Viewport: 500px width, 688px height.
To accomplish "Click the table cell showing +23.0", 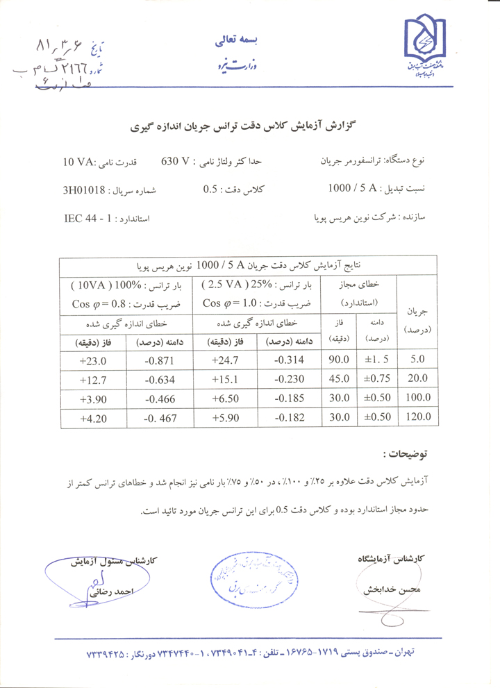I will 92,360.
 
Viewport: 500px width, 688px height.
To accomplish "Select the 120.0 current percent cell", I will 419,417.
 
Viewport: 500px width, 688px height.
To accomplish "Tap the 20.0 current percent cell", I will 419,379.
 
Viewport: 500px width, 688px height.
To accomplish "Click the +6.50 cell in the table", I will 226,398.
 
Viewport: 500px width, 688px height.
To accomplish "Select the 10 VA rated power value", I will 78,162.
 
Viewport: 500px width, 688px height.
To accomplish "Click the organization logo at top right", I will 426,49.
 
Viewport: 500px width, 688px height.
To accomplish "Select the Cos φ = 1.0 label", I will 227,303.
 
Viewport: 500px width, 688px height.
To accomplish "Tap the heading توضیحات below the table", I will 404,455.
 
